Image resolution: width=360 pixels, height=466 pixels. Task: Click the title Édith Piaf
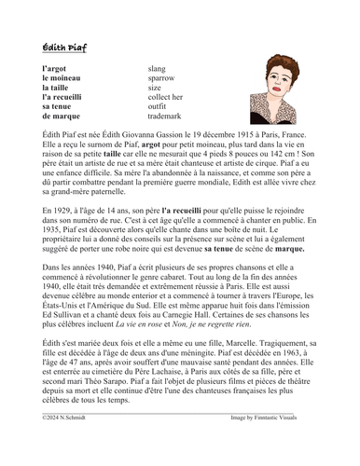point(64,48)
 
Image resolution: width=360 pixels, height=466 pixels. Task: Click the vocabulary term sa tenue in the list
point(59,107)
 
